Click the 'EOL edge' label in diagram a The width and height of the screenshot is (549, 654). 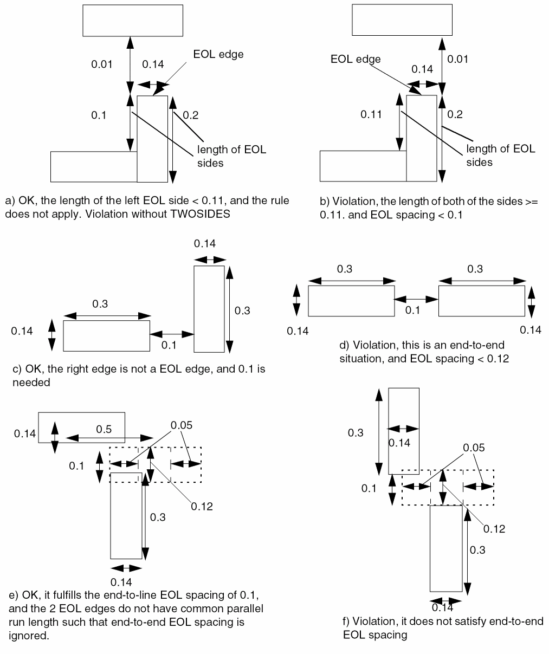coord(218,54)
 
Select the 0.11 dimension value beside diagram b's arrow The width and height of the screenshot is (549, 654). coord(372,114)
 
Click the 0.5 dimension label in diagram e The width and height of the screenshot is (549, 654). coord(104,429)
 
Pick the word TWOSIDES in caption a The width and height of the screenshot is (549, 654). coord(200,213)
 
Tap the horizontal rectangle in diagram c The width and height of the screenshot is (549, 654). coord(106,336)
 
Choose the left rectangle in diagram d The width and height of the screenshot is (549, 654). coord(351,300)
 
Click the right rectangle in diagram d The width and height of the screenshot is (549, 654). coord(481,300)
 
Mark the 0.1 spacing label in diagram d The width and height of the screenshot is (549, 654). coord(412,310)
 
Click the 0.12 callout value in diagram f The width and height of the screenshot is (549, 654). coord(494,529)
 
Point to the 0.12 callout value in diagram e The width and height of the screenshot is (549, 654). coord(202,506)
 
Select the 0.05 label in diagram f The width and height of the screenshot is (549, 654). coord(474,448)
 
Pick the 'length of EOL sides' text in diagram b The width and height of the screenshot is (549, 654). coord(501,156)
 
